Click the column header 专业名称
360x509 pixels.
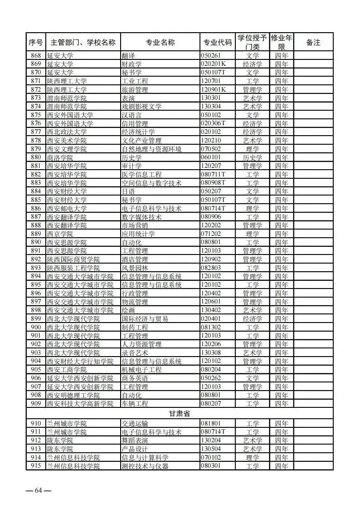tap(160, 42)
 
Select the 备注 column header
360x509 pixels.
tap(313, 42)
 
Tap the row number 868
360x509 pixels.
tap(36, 55)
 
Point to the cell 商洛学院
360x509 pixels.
tap(60, 157)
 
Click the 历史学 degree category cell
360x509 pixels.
tap(252, 157)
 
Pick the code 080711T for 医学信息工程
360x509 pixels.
tap(213, 174)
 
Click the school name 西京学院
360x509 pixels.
tap(60, 234)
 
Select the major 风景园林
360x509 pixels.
tap(135, 268)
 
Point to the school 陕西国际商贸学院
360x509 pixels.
tap(73, 259)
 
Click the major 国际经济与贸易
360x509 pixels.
tap(145, 318)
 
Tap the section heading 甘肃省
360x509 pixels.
tap(180, 414)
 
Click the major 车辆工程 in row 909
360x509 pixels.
tap(135, 403)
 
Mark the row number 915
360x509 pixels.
tap(36, 466)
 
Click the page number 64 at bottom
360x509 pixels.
tap(38, 490)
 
